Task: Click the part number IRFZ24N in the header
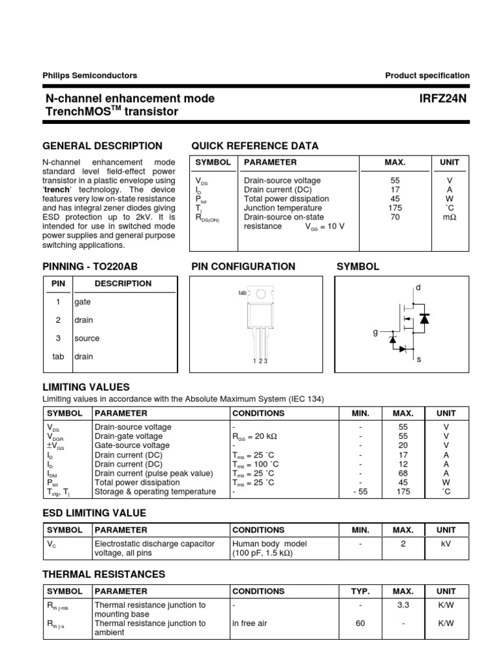tap(444, 98)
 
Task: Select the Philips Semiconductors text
tap(90, 76)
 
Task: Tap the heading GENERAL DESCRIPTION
tap(102, 146)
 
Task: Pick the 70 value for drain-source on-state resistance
tap(395, 218)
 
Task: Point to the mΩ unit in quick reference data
tap(449, 218)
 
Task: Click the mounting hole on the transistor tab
tap(260, 294)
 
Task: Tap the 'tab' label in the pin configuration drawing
tap(243, 293)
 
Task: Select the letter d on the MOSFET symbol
tap(418, 287)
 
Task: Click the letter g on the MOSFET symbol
tap(375, 332)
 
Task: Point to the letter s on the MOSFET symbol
tap(418, 359)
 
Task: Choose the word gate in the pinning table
tap(83, 302)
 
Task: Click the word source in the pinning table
tap(87, 338)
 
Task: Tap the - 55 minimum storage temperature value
tap(360, 491)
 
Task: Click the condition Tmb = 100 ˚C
tap(256, 464)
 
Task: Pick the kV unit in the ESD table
tap(446, 544)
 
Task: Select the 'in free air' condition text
tap(250, 624)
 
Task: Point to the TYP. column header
tap(360, 591)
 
